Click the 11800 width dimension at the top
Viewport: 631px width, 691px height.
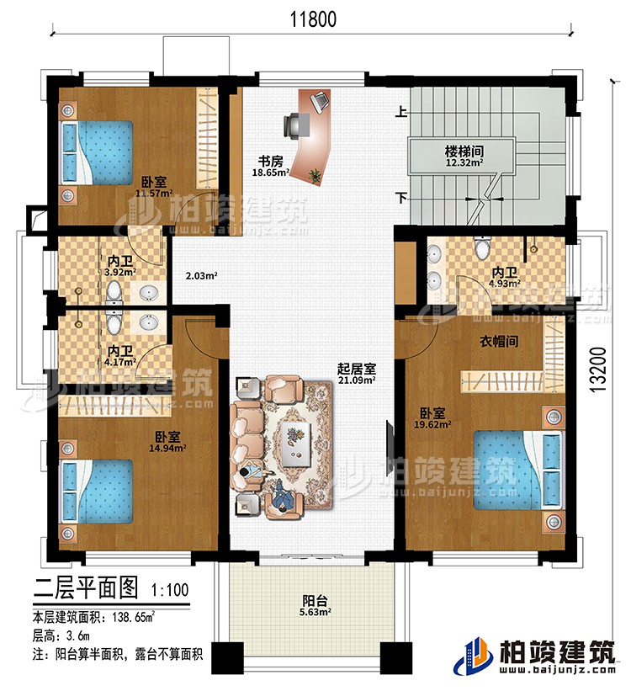coord(313,18)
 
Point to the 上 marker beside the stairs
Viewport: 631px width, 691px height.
coord(402,110)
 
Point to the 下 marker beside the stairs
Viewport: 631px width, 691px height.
coord(402,199)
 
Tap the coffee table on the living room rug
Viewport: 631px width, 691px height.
coord(295,441)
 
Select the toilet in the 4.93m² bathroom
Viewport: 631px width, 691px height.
coord(482,249)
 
